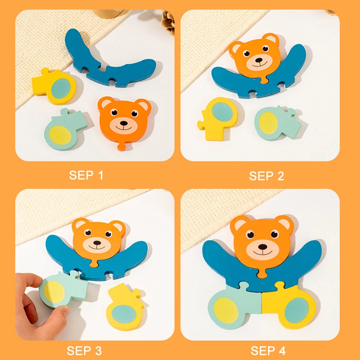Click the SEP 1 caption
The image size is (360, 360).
click(x=86, y=175)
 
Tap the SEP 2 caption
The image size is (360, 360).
click(x=266, y=176)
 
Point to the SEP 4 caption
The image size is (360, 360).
click(x=268, y=351)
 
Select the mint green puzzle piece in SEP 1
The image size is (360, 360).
click(x=62, y=129)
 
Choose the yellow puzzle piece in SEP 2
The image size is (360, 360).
click(x=218, y=118)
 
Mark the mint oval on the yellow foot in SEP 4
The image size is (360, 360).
click(x=296, y=310)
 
